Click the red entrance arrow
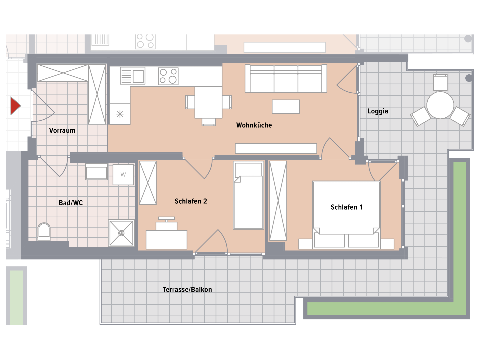[x=15, y=106]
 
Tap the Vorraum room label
[x=62, y=130]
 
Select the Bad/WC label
[x=71, y=203]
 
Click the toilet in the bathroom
[x=44, y=231]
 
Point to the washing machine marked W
[x=123, y=175]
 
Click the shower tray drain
[x=121, y=233]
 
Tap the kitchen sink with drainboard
[x=133, y=76]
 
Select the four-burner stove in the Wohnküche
[x=168, y=76]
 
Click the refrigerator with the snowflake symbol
[x=120, y=114]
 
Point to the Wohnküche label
[x=254, y=125]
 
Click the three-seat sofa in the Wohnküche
[x=286, y=78]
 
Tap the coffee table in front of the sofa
[x=286, y=107]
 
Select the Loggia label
[x=378, y=111]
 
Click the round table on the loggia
[x=440, y=105]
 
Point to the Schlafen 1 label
[x=346, y=207]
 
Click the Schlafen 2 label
[x=191, y=201]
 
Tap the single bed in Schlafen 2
[x=248, y=195]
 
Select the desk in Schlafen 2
[x=166, y=240]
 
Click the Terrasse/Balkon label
[x=187, y=289]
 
